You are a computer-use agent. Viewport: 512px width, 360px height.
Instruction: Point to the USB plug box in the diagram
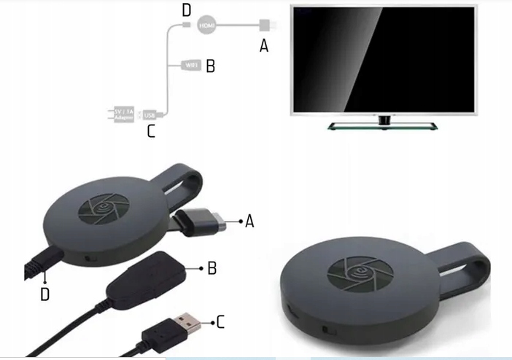coord(150,115)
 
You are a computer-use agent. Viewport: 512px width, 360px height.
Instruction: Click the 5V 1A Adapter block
coord(123,114)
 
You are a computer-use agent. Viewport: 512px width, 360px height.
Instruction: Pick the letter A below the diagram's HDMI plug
coord(264,46)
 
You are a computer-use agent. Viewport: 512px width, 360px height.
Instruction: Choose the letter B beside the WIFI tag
coord(210,66)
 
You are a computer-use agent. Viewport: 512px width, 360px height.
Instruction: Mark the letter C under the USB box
coord(151,132)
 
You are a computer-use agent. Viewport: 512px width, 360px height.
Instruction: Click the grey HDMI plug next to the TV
coord(265,26)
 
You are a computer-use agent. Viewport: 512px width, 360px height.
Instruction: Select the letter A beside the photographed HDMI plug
coord(249,221)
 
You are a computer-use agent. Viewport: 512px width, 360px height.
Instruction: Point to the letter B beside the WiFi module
coord(212,268)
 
